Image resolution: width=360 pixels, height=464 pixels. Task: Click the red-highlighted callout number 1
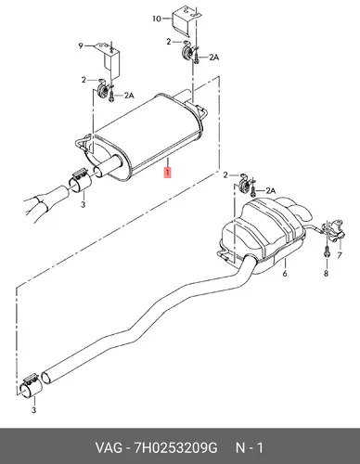point(167,173)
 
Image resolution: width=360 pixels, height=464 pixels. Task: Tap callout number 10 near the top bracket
point(157,19)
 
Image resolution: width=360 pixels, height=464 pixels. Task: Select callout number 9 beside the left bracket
point(81,46)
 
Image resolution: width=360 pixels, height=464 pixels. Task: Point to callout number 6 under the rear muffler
point(285,273)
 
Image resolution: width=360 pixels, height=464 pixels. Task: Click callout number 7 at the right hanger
point(340,255)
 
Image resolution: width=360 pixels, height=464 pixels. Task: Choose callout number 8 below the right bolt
point(326,273)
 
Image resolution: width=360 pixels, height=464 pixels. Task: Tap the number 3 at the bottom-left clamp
point(34,410)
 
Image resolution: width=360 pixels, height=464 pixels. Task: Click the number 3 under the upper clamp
point(83,204)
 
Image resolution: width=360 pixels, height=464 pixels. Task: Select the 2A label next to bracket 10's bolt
point(213,58)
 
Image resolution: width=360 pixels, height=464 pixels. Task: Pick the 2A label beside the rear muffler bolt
point(270,191)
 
